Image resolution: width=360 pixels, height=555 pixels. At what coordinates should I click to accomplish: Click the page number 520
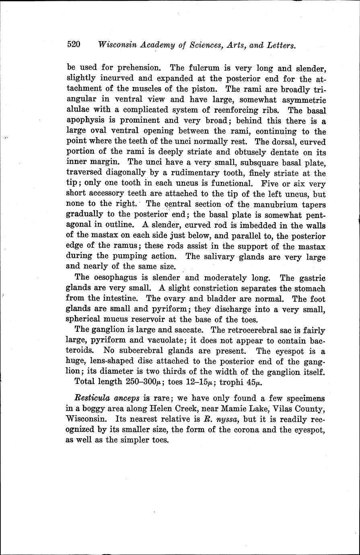(x=74, y=44)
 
